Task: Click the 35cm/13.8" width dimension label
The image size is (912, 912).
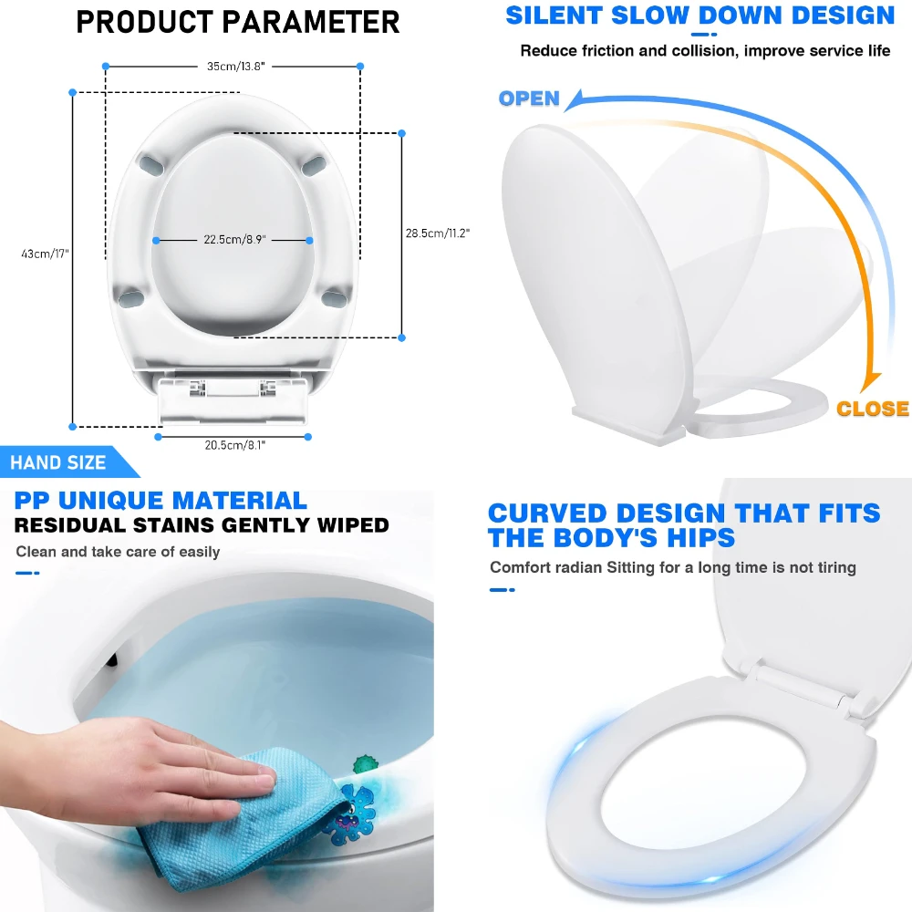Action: pyautogui.click(x=233, y=66)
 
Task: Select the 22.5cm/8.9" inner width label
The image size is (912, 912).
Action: pyautogui.click(x=233, y=240)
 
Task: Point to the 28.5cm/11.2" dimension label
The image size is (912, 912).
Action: pyautogui.click(x=438, y=233)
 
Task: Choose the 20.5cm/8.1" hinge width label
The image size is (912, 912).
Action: pyautogui.click(x=233, y=443)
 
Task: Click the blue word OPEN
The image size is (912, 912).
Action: pyautogui.click(x=529, y=98)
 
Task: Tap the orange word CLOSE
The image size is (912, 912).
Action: pyautogui.click(x=873, y=409)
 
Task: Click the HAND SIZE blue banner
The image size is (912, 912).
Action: pyautogui.click(x=59, y=462)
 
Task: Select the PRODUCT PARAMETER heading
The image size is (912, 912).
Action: pyautogui.click(x=238, y=22)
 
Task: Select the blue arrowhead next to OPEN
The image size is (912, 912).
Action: pyautogui.click(x=575, y=98)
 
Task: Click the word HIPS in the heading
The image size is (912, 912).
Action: pyautogui.click(x=694, y=537)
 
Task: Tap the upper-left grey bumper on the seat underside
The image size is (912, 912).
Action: pyautogui.click(x=150, y=163)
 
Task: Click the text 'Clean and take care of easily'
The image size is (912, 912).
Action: pyautogui.click(x=118, y=552)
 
